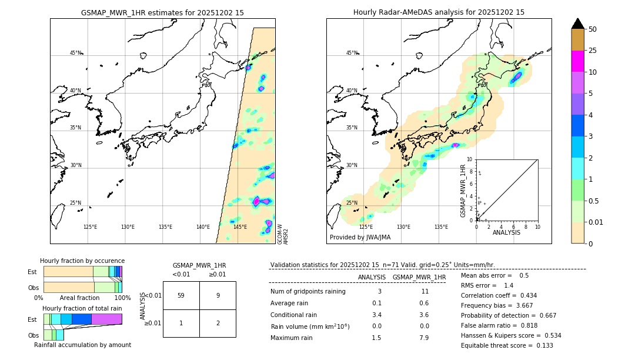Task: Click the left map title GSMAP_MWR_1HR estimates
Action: coord(162,12)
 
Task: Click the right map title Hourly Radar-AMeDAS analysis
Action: coord(439,12)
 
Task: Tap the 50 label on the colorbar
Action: coord(593,29)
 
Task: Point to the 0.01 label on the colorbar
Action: coord(596,222)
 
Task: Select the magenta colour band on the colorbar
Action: coord(577,61)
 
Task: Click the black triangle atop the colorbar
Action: coord(577,24)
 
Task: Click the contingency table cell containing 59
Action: coord(181,295)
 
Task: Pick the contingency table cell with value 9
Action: coord(218,295)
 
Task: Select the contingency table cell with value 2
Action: coord(218,323)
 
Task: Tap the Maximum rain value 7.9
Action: coord(423,338)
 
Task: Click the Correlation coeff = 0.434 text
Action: coord(499,295)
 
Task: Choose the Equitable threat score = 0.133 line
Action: coord(507,345)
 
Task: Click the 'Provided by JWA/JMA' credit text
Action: coord(360,237)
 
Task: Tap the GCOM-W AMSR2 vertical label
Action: coord(283,234)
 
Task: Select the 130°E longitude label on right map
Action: coord(403,227)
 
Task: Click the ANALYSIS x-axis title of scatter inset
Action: coord(506,232)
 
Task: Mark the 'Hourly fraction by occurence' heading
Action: coord(82,261)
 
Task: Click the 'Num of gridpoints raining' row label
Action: coord(308,291)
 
